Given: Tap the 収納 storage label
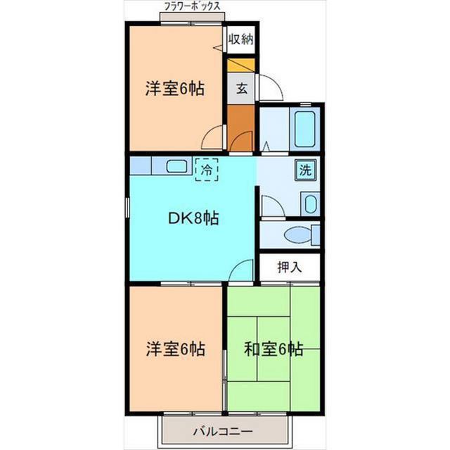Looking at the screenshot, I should [x=240, y=39].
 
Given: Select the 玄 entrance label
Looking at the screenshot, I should [x=240, y=89].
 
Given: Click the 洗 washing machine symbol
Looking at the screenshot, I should [x=306, y=170].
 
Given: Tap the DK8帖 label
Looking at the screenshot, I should [x=192, y=218].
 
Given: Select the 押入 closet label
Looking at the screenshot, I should [x=288, y=267].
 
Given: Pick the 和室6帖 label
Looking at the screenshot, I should [x=274, y=349].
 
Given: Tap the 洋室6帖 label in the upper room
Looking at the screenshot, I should [x=175, y=89].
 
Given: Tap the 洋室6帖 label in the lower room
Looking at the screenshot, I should [x=175, y=349].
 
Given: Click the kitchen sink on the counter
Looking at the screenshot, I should [x=176, y=166].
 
